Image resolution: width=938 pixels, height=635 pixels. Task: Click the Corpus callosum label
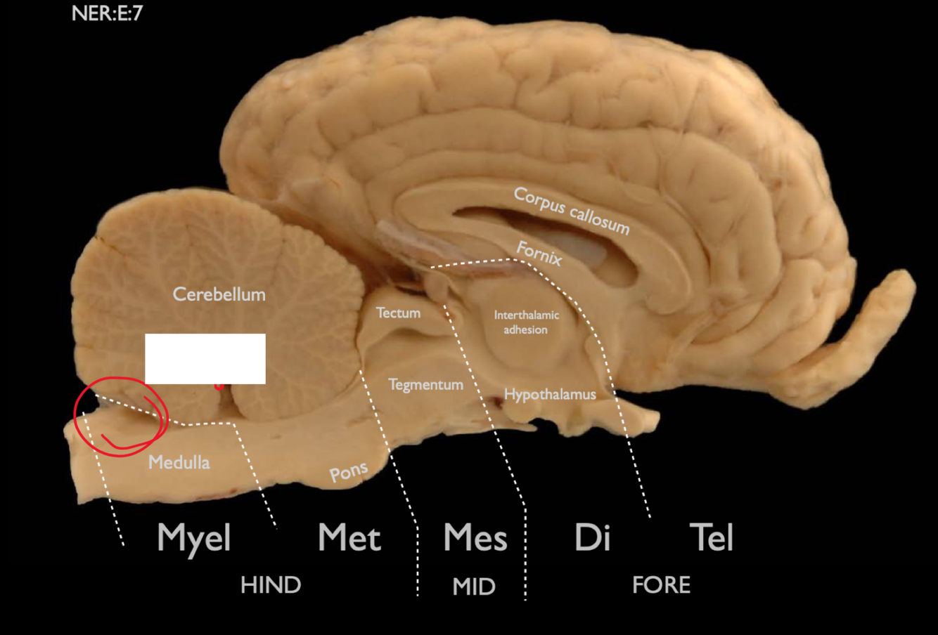point(571,209)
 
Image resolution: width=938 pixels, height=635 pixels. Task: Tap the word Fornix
point(539,253)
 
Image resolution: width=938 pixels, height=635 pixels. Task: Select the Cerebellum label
point(219,294)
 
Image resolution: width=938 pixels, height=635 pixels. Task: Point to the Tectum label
point(398,313)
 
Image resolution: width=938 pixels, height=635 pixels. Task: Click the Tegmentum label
point(426,384)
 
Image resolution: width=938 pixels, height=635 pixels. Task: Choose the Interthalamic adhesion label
point(526,322)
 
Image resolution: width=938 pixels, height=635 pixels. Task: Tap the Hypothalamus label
point(550,394)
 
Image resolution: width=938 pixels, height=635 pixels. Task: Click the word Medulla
point(179,462)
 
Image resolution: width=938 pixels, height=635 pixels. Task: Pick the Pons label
point(349,473)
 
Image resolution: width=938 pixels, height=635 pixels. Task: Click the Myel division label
point(194,538)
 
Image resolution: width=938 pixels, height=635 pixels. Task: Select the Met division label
point(349,538)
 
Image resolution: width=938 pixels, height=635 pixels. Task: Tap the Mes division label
point(475,538)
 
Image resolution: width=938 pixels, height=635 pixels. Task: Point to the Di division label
point(592,538)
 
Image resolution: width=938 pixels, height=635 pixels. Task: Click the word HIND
point(271,585)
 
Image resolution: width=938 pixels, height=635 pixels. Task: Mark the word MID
point(474,587)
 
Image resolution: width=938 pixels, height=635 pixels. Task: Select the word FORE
point(661,585)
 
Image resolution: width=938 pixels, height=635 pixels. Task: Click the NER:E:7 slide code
point(107,13)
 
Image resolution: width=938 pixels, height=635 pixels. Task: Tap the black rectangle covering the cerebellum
point(205,358)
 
